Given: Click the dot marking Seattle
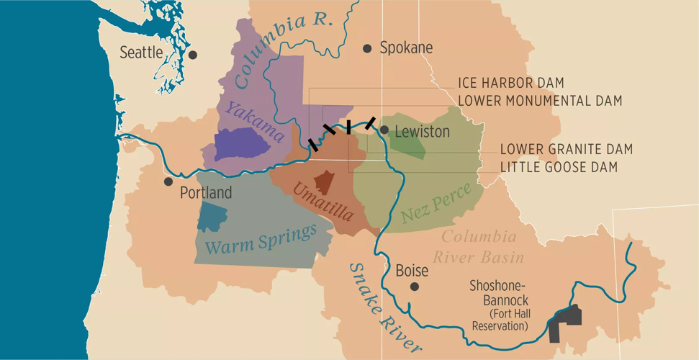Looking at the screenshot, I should click(x=192, y=55).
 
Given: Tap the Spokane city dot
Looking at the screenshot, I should click(x=367, y=48).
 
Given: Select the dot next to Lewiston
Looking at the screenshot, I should click(x=384, y=130).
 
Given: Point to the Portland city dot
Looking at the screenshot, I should click(x=168, y=181).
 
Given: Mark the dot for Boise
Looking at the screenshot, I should click(x=415, y=287).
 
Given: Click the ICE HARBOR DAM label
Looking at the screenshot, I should click(x=510, y=84).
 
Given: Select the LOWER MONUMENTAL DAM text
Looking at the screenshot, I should click(x=539, y=101).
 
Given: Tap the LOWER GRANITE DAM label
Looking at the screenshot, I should click(x=566, y=149).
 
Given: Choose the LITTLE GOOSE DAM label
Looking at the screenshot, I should click(x=559, y=167).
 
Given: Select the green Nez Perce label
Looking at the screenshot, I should click(x=436, y=202).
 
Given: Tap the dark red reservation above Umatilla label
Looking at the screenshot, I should click(x=324, y=182).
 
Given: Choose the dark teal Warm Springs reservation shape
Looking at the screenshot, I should click(x=212, y=216).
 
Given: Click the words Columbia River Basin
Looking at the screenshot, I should click(x=479, y=246).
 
